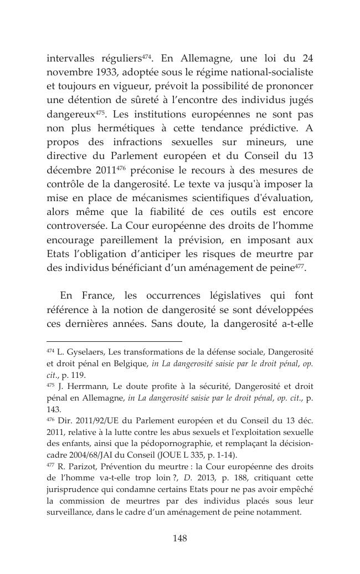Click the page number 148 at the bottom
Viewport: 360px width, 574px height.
(180, 538)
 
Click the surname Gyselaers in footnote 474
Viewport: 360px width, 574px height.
(84, 352)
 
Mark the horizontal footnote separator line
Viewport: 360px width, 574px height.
(114, 342)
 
